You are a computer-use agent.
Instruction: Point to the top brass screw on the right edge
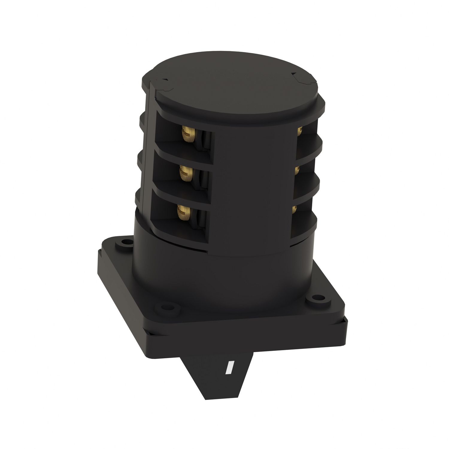coord(299,131)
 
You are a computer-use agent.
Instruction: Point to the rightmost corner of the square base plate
coord(347,322)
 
